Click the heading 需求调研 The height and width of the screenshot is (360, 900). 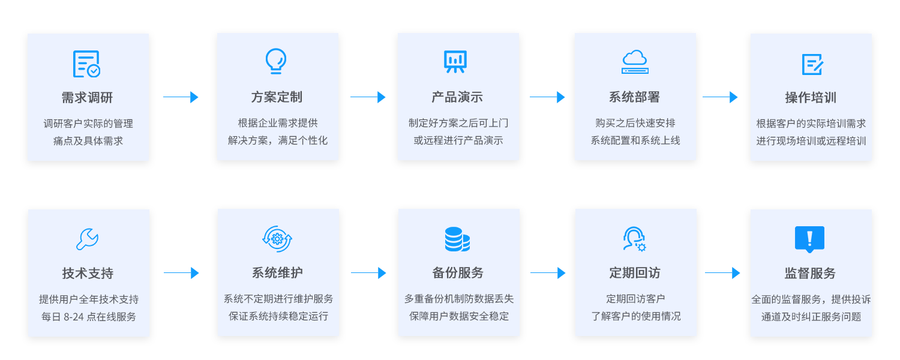(87, 97)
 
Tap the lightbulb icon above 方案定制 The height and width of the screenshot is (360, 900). (276, 61)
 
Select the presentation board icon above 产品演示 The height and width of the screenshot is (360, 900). (455, 61)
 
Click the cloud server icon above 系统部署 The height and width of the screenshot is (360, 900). (635, 62)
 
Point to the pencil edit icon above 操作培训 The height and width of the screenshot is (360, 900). (812, 64)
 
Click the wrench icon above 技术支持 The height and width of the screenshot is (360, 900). (88, 239)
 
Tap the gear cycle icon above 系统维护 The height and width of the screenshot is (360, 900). (277, 239)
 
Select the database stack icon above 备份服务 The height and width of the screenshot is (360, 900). (457, 239)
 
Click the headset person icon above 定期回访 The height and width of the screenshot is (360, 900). (634, 239)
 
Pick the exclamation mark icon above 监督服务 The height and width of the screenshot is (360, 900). (809, 239)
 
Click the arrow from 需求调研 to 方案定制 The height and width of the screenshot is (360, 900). (181, 97)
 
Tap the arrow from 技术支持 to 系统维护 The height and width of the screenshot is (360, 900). (181, 273)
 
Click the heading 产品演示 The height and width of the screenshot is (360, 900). (457, 97)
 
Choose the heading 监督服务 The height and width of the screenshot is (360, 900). (810, 273)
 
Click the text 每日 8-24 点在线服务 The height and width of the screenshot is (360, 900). (89, 316)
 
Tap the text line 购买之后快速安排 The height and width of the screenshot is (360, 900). (635, 123)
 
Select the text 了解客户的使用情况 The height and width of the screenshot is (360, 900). (635, 316)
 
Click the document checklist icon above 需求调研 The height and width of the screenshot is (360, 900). (86, 64)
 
